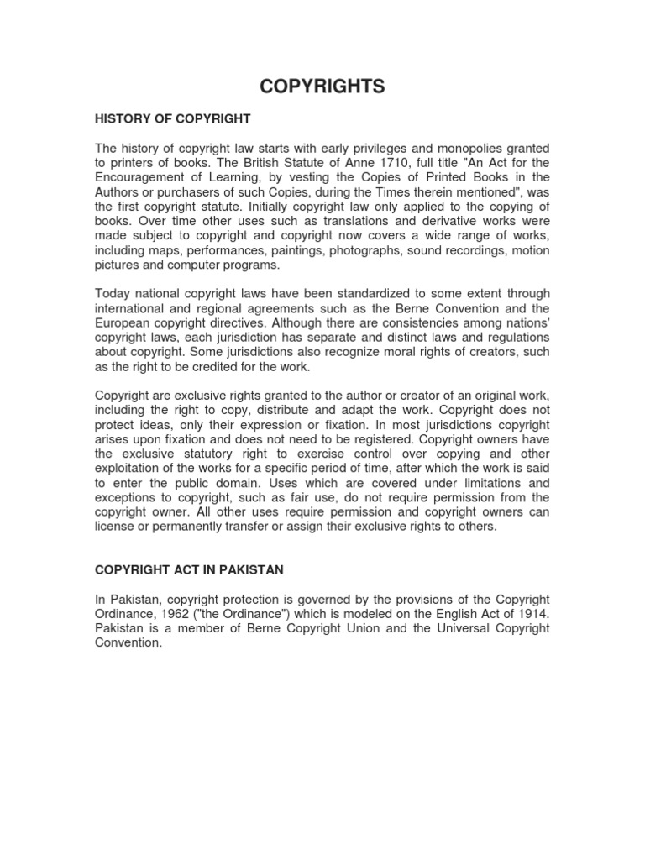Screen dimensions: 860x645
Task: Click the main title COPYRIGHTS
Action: coord(322,87)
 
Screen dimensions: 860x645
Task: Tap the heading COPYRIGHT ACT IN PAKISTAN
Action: coord(189,569)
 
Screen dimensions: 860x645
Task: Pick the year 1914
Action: coord(533,614)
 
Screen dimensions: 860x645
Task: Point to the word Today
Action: coord(113,293)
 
